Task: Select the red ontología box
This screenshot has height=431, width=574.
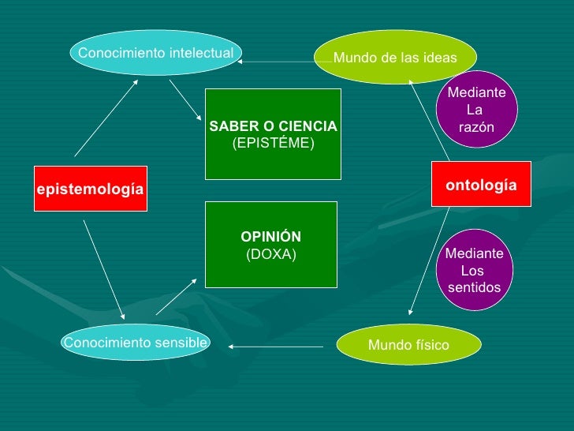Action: click(x=481, y=184)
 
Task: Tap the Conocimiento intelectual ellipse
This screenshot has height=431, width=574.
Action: click(x=155, y=53)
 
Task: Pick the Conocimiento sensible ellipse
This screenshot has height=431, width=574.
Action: click(x=135, y=343)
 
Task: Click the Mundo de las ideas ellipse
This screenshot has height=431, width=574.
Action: click(x=395, y=58)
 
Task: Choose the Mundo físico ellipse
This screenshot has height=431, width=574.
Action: click(x=408, y=345)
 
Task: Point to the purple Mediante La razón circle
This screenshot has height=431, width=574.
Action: click(x=476, y=110)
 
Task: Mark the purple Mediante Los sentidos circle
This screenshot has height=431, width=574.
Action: click(x=473, y=270)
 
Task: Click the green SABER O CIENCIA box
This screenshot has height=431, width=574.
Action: click(x=273, y=134)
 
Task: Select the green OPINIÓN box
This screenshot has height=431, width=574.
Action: click(x=271, y=244)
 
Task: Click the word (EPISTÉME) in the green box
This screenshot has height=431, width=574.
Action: click(x=273, y=143)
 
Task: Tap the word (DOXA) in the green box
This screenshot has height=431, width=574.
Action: click(x=271, y=253)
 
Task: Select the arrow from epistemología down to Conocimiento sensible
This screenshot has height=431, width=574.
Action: click(x=103, y=268)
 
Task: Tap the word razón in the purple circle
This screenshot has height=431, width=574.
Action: click(x=476, y=127)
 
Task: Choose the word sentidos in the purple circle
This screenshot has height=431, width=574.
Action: click(x=474, y=287)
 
